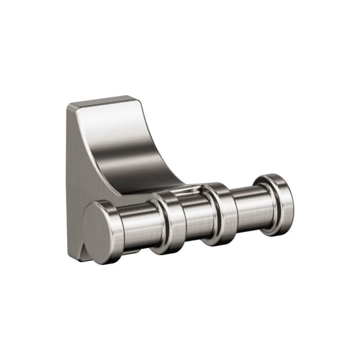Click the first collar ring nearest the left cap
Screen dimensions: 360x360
(169, 222)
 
